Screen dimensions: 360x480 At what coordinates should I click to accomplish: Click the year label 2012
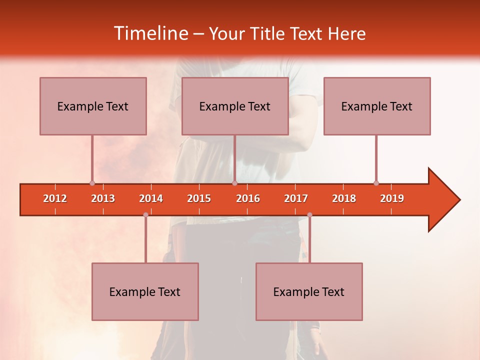(x=55, y=198)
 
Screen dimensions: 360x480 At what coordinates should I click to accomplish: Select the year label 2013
(x=103, y=198)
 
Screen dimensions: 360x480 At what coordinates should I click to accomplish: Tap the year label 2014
(x=151, y=198)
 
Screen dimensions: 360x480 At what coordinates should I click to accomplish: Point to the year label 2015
(x=199, y=198)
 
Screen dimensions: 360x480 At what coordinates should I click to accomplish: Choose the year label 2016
(x=248, y=198)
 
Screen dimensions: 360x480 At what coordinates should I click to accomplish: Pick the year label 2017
(x=296, y=198)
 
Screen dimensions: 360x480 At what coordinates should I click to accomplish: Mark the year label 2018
(x=344, y=198)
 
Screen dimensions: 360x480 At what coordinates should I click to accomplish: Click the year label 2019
(x=392, y=198)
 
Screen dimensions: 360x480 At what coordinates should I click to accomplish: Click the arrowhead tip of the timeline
(x=459, y=200)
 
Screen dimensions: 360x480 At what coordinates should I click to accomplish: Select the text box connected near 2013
(x=93, y=106)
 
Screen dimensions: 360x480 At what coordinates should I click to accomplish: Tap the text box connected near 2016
(x=235, y=106)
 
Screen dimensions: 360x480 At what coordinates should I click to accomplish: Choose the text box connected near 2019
(x=377, y=106)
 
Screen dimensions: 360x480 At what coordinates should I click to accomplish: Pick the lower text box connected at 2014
(x=145, y=291)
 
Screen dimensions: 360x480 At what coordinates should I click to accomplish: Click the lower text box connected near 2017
(x=309, y=291)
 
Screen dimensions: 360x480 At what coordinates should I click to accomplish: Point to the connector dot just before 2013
(x=92, y=183)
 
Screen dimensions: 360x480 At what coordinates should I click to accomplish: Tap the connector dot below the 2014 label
(x=145, y=214)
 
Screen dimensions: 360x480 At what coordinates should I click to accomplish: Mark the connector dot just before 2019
(x=376, y=183)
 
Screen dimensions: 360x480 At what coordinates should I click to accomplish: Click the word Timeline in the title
(x=150, y=33)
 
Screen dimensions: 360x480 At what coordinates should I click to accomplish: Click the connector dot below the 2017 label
(x=309, y=214)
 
